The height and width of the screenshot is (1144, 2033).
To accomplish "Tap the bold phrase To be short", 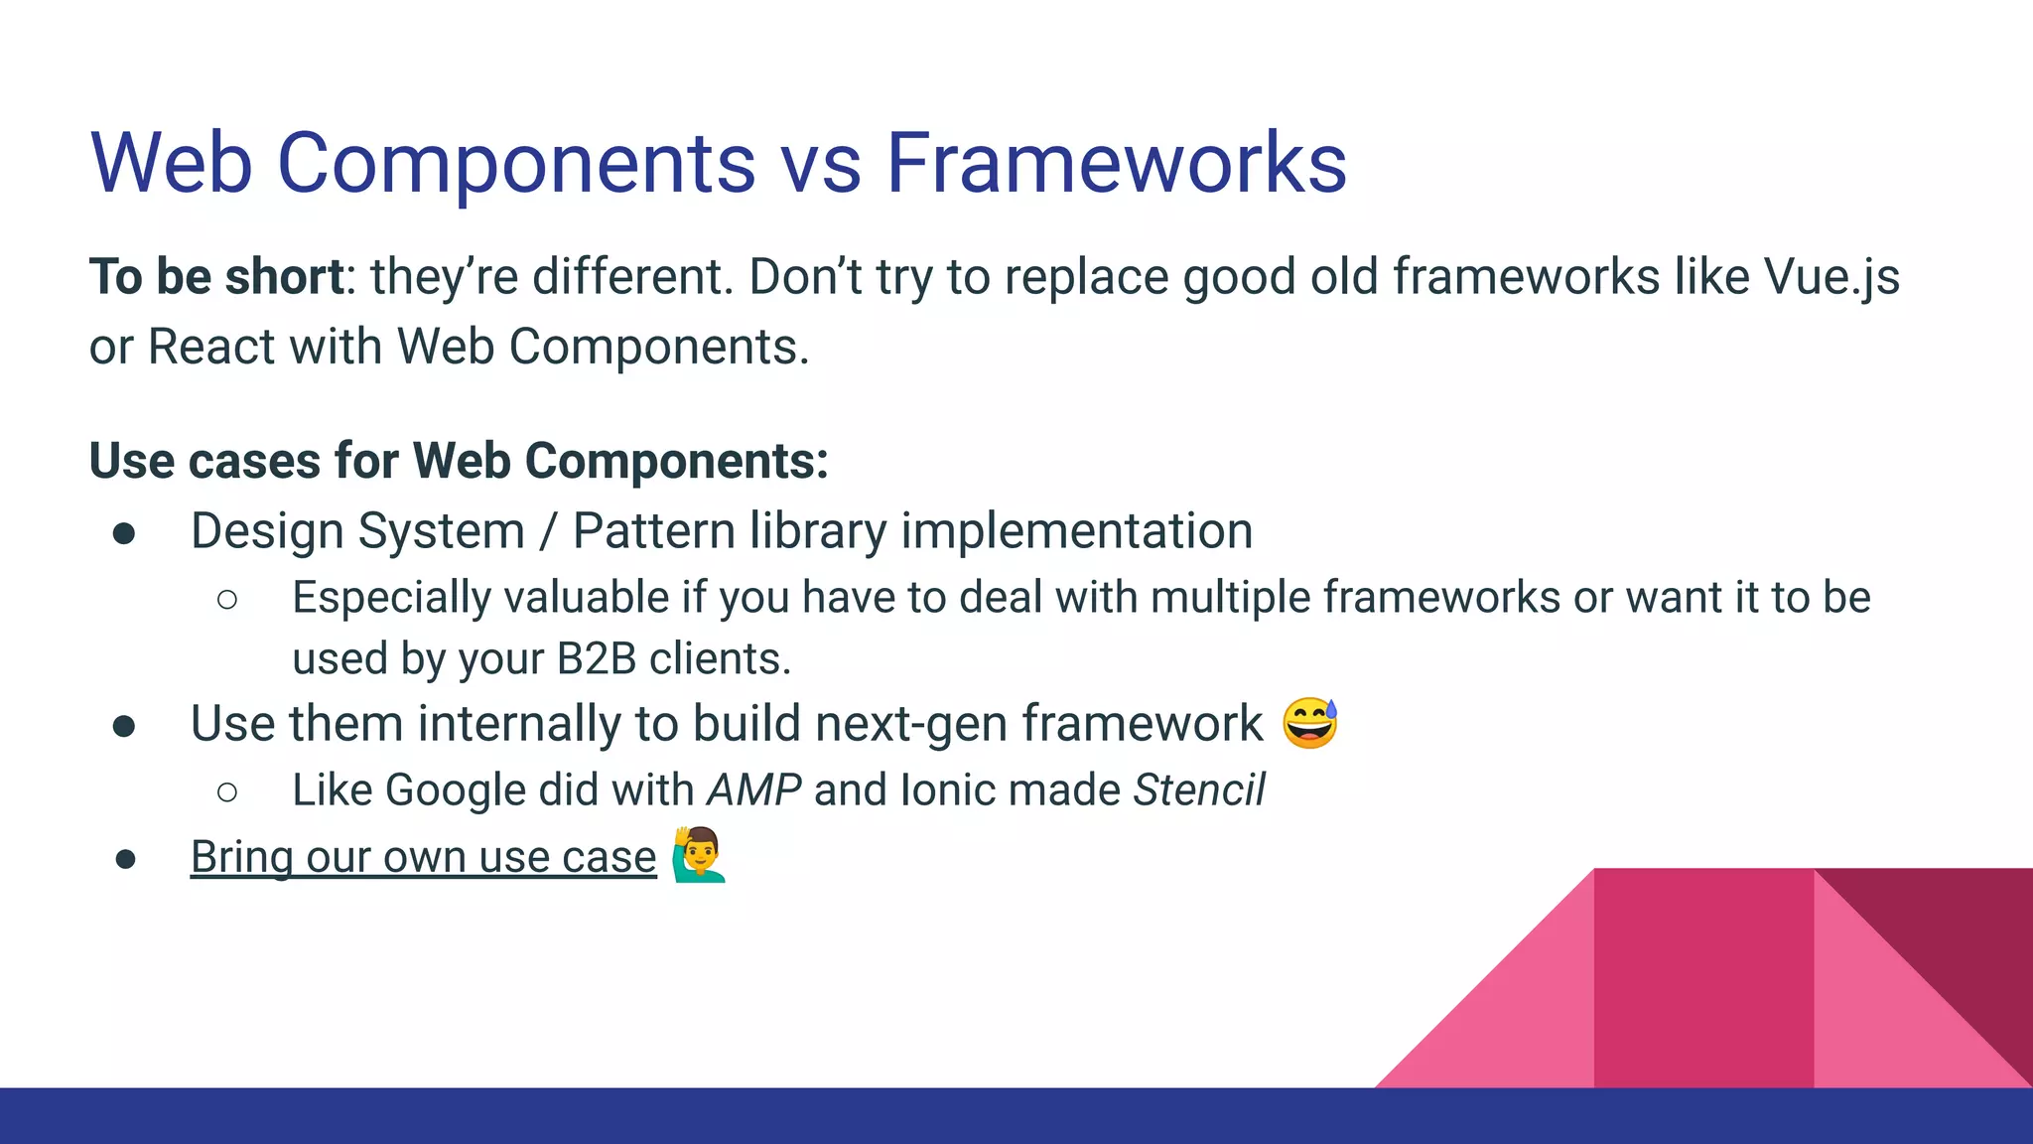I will coord(216,276).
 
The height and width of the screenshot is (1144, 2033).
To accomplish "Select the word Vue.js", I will coord(1831,278).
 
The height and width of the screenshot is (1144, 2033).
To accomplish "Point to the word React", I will coord(211,348).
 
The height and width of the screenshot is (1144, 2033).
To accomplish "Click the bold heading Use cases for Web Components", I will coord(458,461).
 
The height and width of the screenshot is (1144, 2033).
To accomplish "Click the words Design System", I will coord(357,530).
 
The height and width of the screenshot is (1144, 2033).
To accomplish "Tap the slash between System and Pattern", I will coord(548,532).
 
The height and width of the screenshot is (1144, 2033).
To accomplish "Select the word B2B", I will coord(596,659).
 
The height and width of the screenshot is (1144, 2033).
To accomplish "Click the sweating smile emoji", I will coord(1309,723).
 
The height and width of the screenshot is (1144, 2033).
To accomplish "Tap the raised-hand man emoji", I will coord(699,855).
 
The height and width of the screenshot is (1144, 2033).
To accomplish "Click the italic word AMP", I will coord(753,790).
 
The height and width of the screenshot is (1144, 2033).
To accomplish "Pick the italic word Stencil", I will coord(1199,790).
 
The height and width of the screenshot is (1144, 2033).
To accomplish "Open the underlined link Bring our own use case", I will coord(423,857).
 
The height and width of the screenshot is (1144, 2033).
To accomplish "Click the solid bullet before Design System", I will coord(124,534).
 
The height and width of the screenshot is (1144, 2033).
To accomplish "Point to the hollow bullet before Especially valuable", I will coord(226,599).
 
